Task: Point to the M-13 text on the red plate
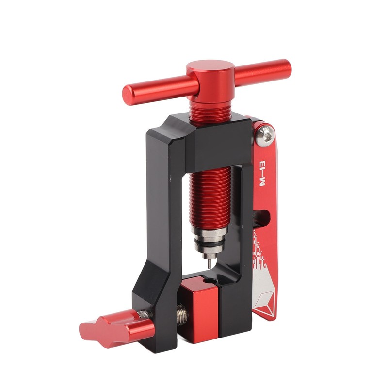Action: point(262,173)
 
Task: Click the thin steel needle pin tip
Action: point(210,264)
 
